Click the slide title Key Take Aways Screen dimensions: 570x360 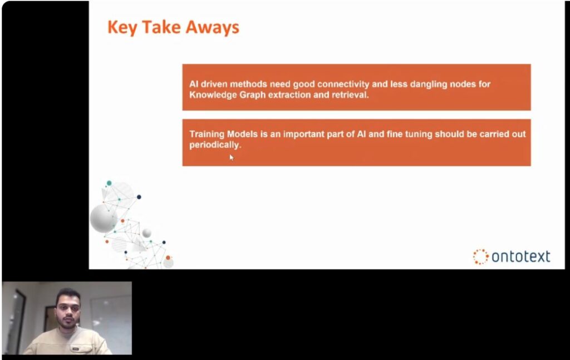pos(174,28)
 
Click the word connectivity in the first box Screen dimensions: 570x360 pos(343,84)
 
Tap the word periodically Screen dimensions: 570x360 pos(215,145)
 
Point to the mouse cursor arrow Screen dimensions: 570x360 pos(231,157)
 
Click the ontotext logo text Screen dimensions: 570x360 pos(520,257)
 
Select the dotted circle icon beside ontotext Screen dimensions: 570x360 pos(480,257)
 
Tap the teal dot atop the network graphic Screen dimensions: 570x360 pos(109,183)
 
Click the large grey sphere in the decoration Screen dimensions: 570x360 pos(103,218)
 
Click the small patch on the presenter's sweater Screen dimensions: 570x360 pos(75,349)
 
